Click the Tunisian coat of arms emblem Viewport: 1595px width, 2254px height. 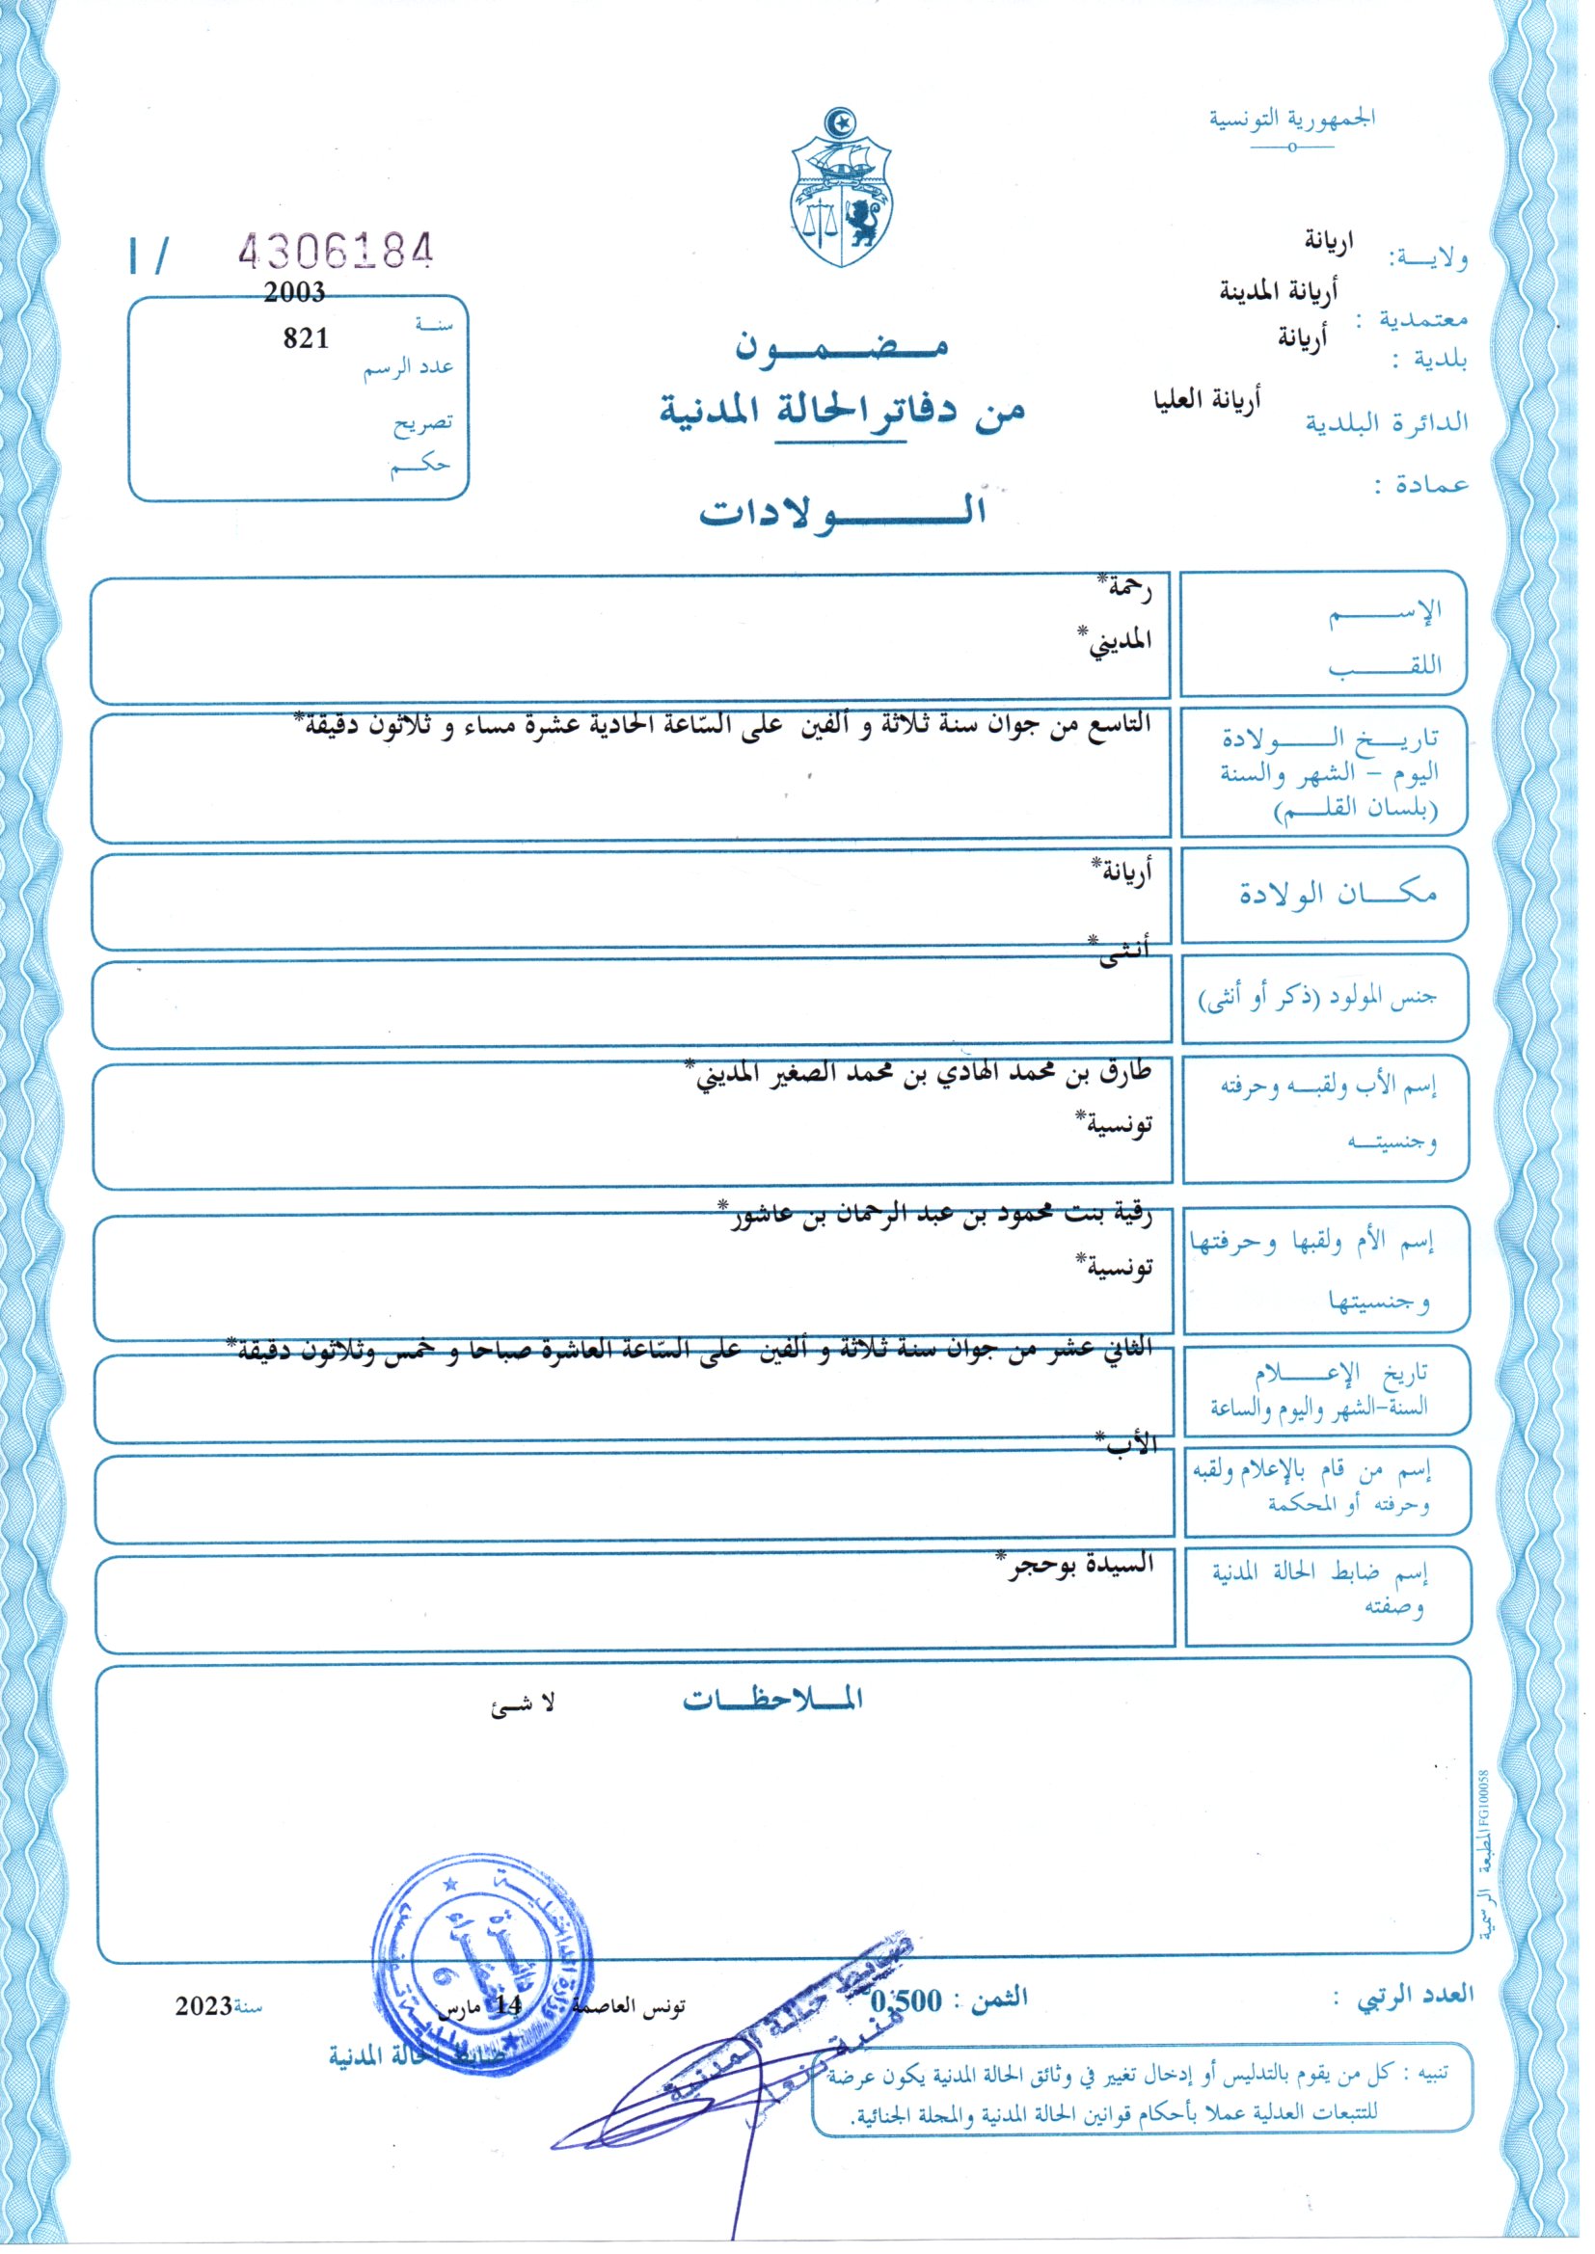(x=841, y=189)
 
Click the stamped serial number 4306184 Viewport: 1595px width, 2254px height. (x=335, y=252)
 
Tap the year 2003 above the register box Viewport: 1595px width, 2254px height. (x=294, y=291)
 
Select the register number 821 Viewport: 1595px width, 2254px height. (x=306, y=337)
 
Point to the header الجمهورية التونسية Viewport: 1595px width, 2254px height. (x=1291, y=119)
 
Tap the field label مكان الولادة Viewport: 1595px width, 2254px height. (x=1337, y=894)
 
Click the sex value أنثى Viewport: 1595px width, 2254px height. (x=1122, y=953)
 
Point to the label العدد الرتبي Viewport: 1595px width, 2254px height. (x=1416, y=1994)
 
